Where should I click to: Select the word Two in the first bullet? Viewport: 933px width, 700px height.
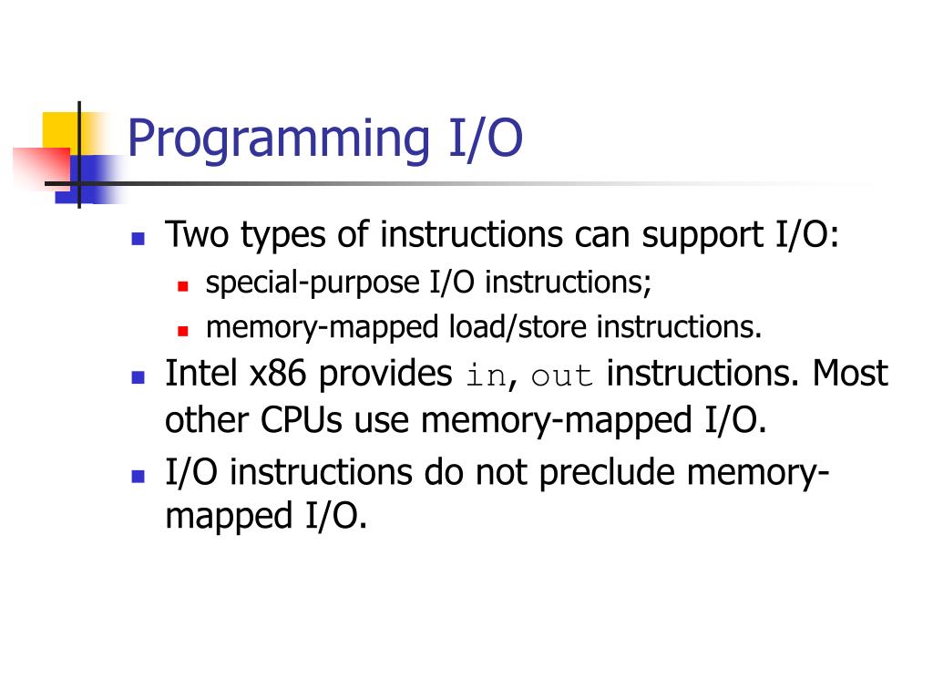(198, 235)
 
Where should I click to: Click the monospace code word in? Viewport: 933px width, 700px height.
(485, 376)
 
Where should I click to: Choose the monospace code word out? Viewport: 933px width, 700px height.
(561, 376)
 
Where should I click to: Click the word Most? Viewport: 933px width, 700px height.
(850, 374)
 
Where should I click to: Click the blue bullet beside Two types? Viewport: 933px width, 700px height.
(138, 239)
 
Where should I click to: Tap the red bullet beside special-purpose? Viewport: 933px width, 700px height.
(182, 286)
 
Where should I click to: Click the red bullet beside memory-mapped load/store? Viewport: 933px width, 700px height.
(182, 329)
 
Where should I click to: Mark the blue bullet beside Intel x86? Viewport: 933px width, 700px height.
(138, 376)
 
